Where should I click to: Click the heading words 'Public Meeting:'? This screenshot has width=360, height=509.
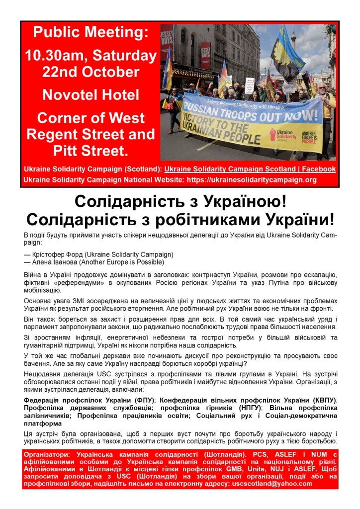90,33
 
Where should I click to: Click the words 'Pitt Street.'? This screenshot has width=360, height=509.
90,150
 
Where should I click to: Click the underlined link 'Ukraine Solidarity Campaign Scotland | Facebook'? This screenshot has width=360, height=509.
250,169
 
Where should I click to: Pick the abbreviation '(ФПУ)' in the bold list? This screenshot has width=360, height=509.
144,400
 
